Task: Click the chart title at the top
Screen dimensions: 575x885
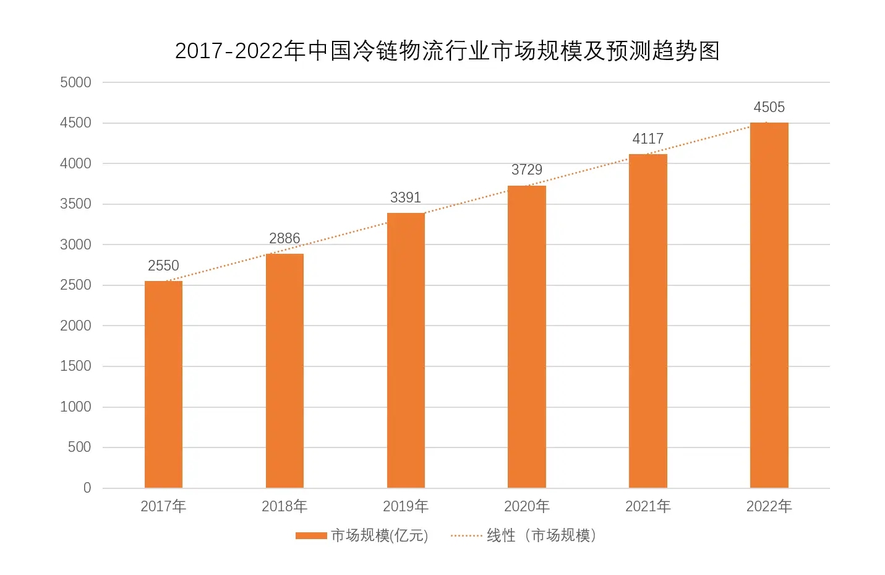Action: point(447,51)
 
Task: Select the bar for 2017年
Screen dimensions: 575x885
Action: point(163,384)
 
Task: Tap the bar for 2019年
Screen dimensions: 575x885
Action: point(406,350)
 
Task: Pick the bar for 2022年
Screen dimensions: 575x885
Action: point(769,305)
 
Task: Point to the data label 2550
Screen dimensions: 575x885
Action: point(163,266)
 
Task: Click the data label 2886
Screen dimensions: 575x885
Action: point(284,238)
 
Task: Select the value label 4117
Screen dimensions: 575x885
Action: point(648,139)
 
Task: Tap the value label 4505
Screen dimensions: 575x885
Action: point(769,107)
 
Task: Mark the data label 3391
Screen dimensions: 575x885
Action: point(406,197)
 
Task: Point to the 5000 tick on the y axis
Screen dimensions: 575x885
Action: point(75,82)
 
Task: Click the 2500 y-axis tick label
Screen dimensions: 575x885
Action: point(75,285)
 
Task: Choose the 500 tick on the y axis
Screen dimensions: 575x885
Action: point(79,447)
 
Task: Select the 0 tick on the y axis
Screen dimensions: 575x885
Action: point(87,488)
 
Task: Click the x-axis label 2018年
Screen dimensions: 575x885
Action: point(284,506)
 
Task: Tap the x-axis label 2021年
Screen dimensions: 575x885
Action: point(648,506)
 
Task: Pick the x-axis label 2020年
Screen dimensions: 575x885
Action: point(527,506)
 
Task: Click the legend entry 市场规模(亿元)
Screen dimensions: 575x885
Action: point(379,535)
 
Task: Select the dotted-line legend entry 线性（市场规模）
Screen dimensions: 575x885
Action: point(541,535)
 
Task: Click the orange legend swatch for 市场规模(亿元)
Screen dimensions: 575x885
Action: point(311,535)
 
